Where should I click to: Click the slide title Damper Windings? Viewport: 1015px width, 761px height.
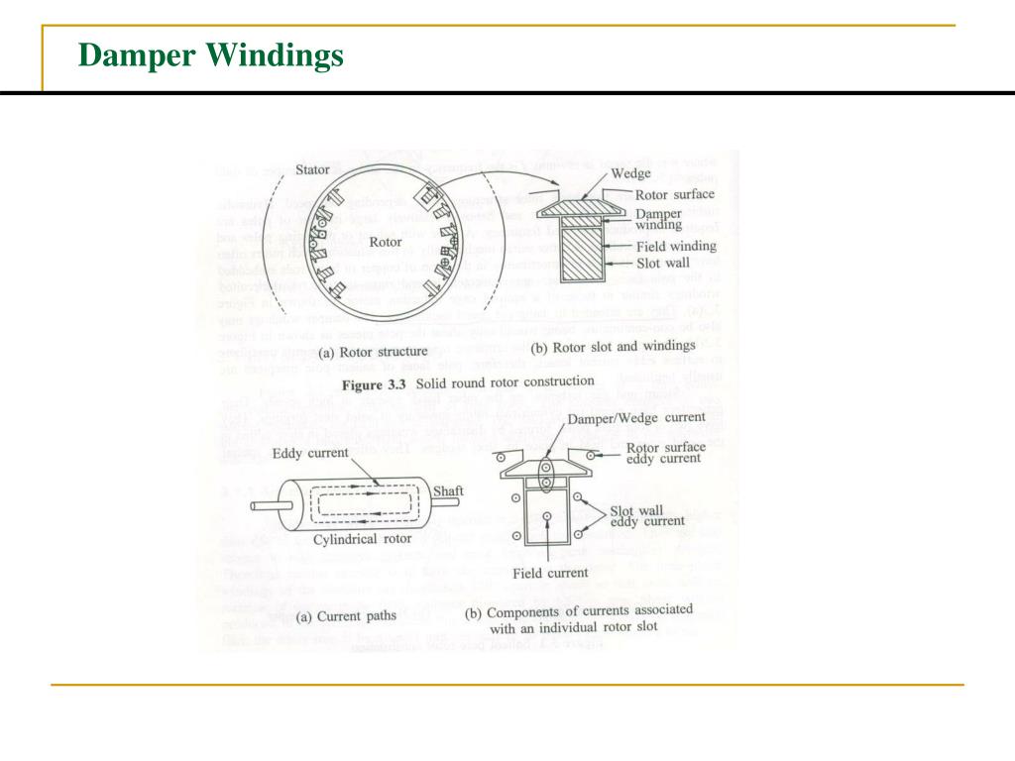210,56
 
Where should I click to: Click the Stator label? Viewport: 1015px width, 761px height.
313,169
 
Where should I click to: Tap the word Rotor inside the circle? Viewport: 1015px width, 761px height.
386,241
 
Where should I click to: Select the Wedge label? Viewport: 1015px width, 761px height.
630,174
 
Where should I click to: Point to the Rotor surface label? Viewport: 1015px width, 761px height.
674,194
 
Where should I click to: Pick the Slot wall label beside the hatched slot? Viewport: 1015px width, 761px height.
661,264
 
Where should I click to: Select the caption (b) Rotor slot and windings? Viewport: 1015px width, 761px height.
614,347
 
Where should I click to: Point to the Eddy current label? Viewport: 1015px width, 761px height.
310,453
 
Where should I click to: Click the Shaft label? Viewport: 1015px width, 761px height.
448,490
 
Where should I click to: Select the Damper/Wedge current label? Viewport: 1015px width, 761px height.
636,418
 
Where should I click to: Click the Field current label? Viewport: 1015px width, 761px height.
550,573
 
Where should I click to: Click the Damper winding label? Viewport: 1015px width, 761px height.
658,218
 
